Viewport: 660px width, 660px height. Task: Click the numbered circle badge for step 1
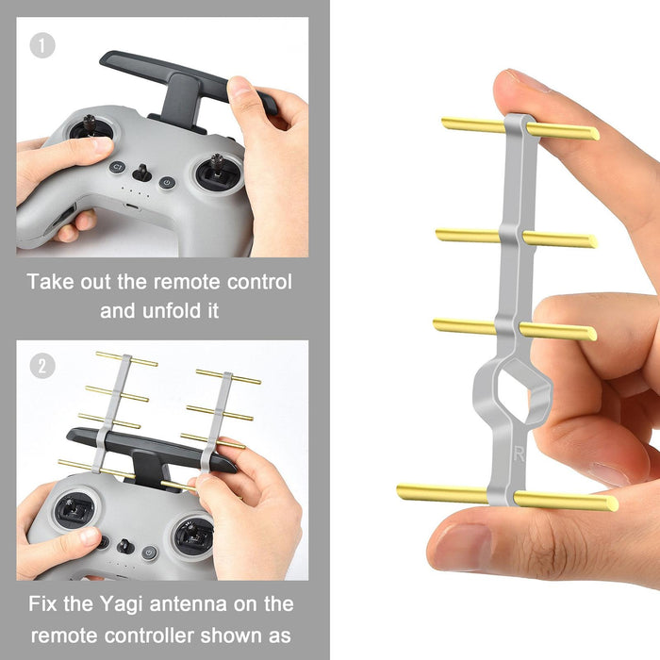[x=42, y=44]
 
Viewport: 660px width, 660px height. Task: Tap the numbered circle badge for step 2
[x=42, y=367]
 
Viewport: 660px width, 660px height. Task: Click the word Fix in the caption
[x=46, y=603]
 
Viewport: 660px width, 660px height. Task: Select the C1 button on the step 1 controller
[x=117, y=167]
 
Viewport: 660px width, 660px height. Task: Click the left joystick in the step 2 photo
[x=73, y=510]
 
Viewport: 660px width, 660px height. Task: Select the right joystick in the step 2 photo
[x=193, y=535]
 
